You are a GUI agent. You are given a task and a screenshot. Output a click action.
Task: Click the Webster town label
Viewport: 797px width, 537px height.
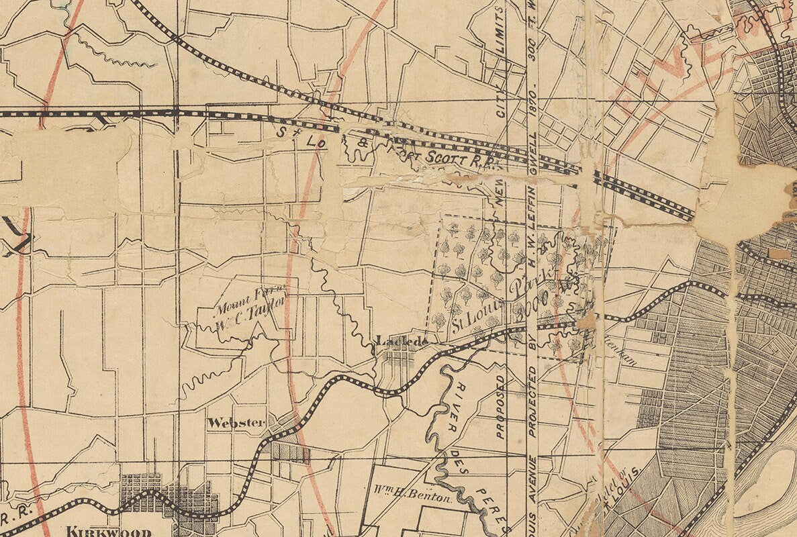pyautogui.click(x=236, y=423)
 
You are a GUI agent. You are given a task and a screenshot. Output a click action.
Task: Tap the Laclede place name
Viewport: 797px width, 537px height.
pyautogui.click(x=402, y=341)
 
